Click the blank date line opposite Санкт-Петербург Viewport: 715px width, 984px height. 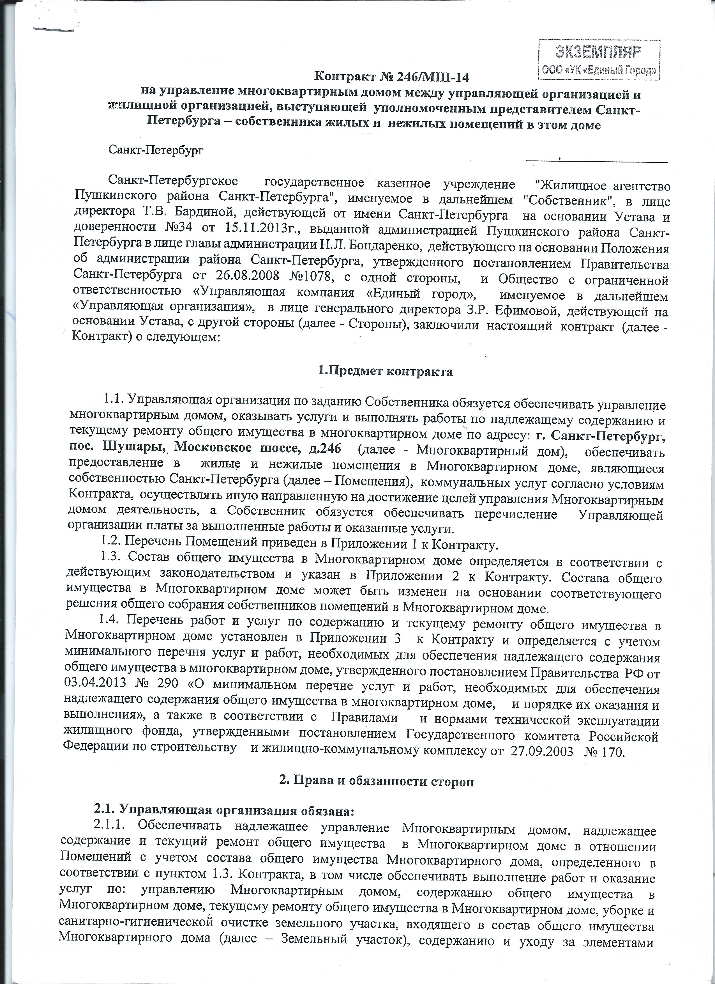[x=596, y=160]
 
